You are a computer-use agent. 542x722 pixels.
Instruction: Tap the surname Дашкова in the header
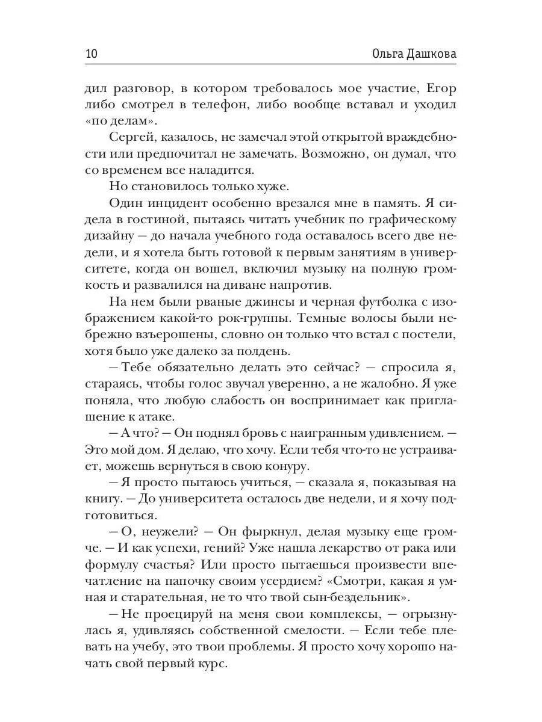click(428, 54)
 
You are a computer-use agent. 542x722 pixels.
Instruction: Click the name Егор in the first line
click(441, 88)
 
